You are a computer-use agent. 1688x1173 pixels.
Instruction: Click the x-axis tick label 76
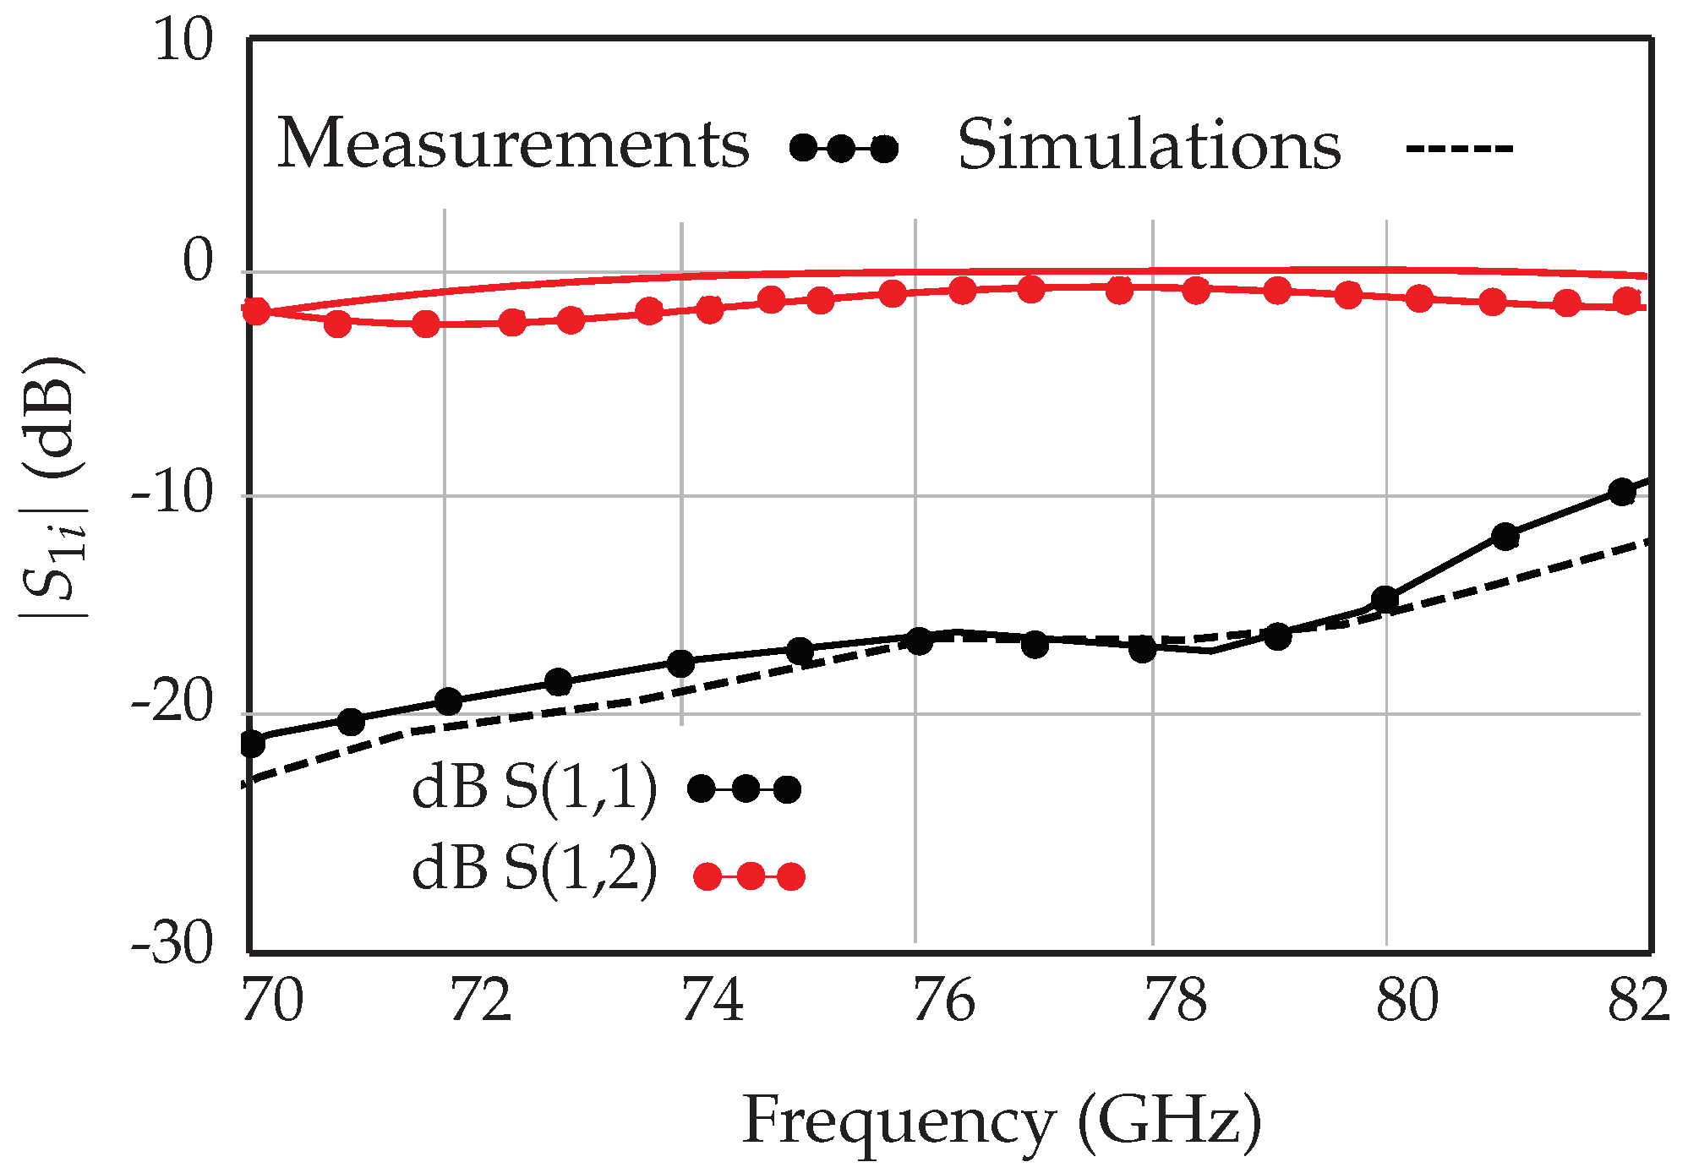click(944, 1002)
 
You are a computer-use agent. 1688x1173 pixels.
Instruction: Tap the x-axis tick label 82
click(1637, 1002)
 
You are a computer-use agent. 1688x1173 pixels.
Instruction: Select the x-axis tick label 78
click(1176, 1002)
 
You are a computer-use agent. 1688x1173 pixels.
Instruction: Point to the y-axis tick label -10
click(172, 494)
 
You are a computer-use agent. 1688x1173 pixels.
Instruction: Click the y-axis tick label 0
click(199, 261)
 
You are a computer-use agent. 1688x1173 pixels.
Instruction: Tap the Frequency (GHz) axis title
click(1002, 1122)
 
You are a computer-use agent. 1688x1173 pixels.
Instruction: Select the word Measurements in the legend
click(513, 145)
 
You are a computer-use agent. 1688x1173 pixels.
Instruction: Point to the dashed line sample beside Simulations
click(1459, 150)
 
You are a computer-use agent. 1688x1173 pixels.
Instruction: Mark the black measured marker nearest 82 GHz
click(1621, 492)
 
